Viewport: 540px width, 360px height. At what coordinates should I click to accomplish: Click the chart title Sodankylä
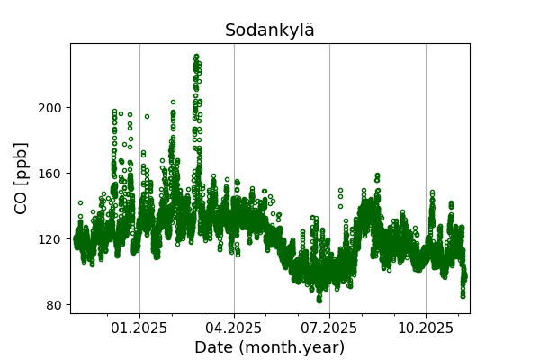(270, 31)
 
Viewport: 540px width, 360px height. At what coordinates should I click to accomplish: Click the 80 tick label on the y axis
(54, 305)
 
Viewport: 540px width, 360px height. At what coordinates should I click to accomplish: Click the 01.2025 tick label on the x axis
(139, 328)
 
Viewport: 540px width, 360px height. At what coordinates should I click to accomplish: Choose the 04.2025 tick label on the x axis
(234, 328)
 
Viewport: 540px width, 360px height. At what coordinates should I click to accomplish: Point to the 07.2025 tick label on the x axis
(329, 328)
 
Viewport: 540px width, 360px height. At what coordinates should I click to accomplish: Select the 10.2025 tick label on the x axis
(426, 328)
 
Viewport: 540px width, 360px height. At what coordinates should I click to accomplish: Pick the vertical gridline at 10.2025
(426, 135)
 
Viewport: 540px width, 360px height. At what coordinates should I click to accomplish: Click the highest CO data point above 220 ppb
(196, 56)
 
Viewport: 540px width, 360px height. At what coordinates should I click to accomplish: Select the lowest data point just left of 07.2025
(319, 299)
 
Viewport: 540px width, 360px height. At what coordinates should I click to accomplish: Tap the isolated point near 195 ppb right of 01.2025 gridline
(147, 116)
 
